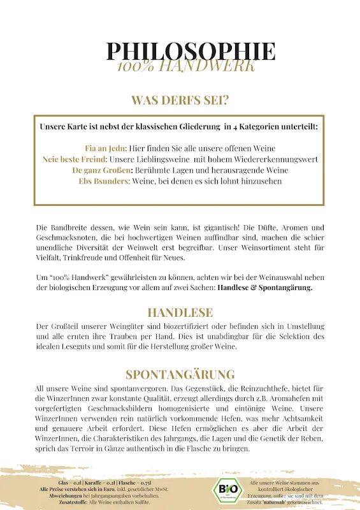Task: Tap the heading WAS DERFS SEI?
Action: point(180,100)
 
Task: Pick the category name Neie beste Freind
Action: point(73,159)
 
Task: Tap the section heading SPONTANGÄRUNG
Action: point(180,374)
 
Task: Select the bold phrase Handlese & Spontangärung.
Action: point(264,288)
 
